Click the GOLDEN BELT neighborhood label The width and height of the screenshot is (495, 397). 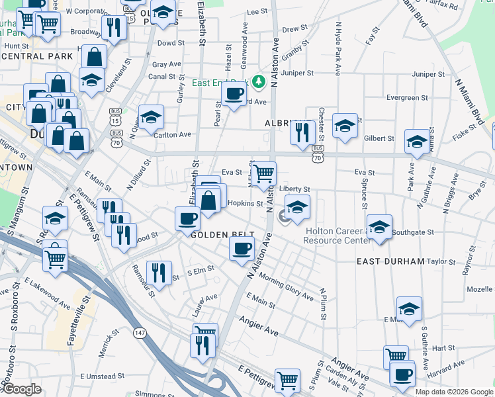(214, 235)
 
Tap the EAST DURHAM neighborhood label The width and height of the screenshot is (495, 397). (390, 261)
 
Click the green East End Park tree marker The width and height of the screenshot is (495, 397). (258, 82)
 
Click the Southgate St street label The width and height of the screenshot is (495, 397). (412, 232)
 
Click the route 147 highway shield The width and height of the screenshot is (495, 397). (140, 331)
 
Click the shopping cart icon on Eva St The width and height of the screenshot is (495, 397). (263, 173)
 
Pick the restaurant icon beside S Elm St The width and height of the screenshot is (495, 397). (158, 272)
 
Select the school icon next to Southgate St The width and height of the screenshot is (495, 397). (379, 226)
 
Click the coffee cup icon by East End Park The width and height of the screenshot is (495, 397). (233, 94)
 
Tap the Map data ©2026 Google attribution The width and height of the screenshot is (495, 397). (454, 391)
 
